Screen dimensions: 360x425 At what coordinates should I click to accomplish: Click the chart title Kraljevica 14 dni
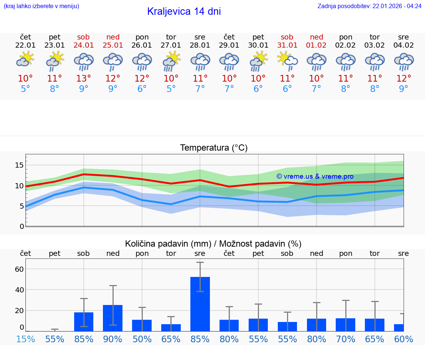(x=184, y=11)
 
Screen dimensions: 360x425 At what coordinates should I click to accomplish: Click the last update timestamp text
(x=369, y=6)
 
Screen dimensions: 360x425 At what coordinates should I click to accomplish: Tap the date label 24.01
(x=84, y=45)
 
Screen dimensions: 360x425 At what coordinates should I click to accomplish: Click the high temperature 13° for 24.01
(x=84, y=79)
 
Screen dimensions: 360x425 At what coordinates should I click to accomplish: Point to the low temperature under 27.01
(x=171, y=89)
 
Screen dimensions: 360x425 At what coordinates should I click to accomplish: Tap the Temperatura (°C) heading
(x=214, y=148)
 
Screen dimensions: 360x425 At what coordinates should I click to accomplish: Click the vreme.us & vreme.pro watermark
(x=315, y=176)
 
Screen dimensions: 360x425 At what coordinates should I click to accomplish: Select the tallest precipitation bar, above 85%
(x=200, y=304)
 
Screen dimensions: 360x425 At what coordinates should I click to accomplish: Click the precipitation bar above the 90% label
(x=113, y=318)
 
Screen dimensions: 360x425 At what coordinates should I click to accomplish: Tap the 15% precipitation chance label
(x=25, y=339)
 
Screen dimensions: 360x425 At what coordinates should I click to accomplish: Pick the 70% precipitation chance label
(x=345, y=339)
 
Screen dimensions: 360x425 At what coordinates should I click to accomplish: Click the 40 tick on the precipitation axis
(x=19, y=290)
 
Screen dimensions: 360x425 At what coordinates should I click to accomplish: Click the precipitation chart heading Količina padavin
(x=213, y=244)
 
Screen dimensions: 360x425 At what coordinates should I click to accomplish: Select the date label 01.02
(x=316, y=45)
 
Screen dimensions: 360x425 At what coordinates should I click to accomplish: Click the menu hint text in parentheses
(x=41, y=6)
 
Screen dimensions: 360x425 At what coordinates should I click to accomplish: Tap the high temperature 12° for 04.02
(x=404, y=79)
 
